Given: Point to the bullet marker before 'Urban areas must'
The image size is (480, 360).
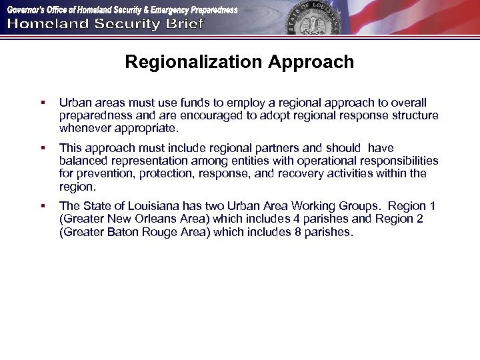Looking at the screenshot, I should (x=42, y=103).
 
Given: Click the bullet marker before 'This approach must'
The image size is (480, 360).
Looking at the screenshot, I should (x=42, y=149).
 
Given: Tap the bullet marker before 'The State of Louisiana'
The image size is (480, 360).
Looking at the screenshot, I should (x=42, y=207).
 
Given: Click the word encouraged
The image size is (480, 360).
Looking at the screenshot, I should (x=187, y=115).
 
